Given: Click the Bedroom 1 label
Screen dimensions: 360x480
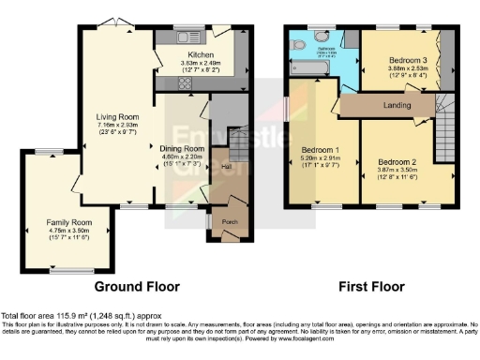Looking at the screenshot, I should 320,150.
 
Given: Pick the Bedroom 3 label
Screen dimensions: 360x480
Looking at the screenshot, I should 406,61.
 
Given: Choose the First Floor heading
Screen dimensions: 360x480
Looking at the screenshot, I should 371,286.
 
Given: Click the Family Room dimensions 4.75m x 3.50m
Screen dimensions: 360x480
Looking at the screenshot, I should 67,231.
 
